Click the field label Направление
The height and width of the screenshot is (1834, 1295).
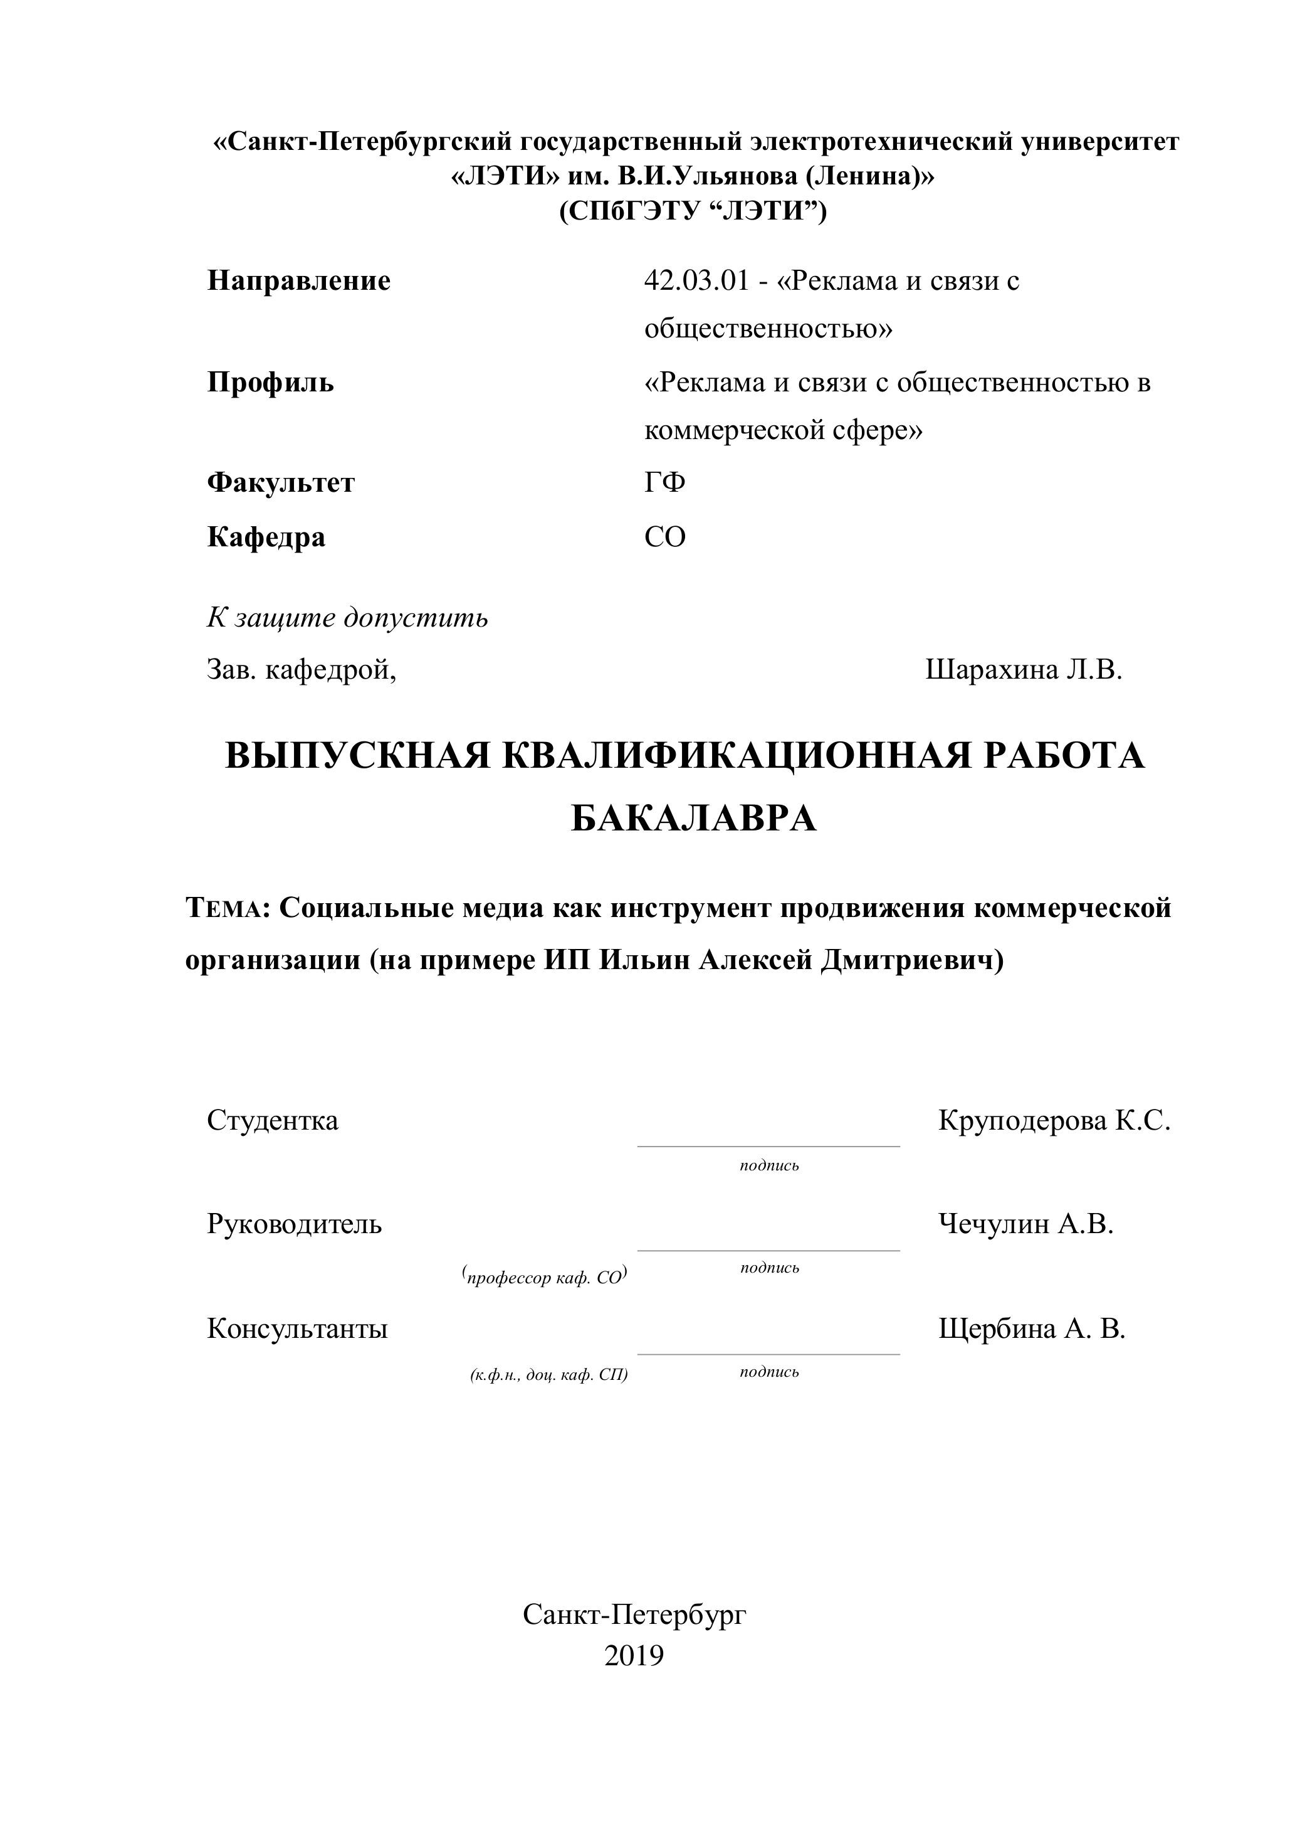coord(298,281)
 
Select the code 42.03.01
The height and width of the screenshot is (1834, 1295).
coord(696,281)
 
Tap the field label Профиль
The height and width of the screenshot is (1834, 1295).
coord(271,383)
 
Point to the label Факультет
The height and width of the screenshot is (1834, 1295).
coord(280,482)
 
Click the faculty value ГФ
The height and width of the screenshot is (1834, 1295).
coord(664,482)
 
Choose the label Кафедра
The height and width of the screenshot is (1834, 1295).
coord(266,537)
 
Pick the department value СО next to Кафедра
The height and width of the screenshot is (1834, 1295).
coord(664,537)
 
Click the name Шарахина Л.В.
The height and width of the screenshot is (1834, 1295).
coord(1024,669)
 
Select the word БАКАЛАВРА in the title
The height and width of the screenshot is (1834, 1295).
coord(693,819)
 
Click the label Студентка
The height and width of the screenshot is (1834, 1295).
coord(272,1121)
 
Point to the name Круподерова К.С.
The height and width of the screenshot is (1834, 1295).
coord(1054,1121)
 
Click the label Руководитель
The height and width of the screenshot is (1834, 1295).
coord(294,1224)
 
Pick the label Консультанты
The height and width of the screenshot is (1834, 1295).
coord(297,1328)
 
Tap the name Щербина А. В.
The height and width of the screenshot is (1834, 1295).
coord(1032,1328)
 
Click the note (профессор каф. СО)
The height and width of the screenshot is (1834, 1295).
coord(545,1277)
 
